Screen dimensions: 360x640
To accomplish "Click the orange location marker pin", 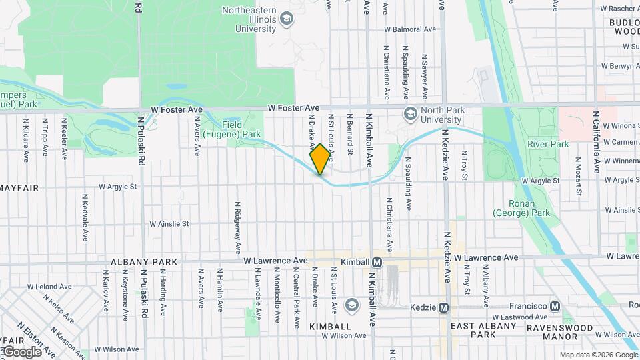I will click(321, 159).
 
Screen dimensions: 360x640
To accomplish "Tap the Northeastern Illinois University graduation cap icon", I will click(287, 18).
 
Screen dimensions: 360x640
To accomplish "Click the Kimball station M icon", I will click(377, 262).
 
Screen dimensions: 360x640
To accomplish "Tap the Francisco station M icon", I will click(555, 306).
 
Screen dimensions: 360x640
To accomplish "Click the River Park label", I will click(548, 144).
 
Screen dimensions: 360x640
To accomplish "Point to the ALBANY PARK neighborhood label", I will click(144, 262).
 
